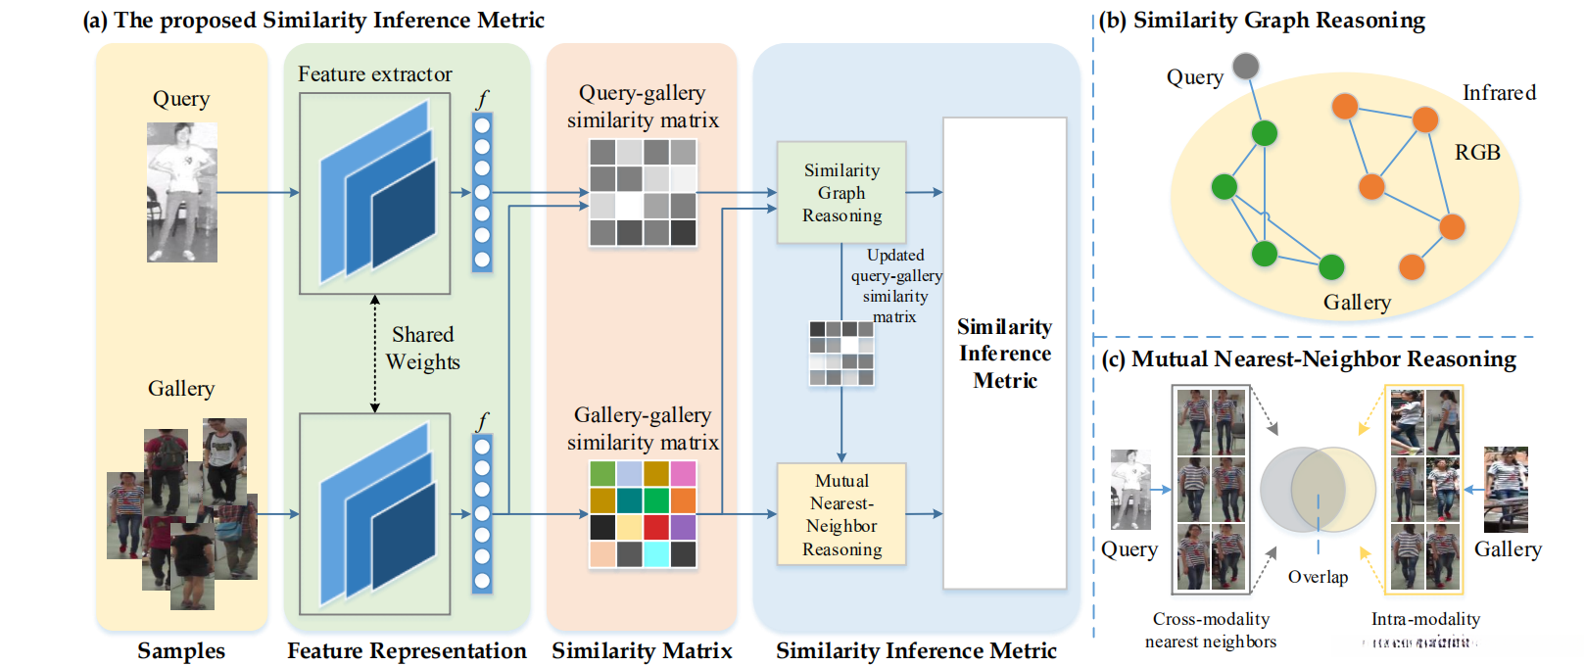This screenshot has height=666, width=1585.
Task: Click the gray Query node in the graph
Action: (1245, 67)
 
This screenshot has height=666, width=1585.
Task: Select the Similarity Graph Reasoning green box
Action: (841, 193)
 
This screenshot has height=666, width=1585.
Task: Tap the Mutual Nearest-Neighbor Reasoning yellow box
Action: (841, 514)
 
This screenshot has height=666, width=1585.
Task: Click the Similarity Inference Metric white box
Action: (1004, 353)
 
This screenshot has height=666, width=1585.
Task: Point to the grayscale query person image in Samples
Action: (182, 192)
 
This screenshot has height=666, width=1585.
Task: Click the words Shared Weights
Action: (422, 348)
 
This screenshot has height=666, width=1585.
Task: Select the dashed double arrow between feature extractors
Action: (374, 354)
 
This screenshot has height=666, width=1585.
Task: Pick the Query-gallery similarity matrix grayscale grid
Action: (643, 192)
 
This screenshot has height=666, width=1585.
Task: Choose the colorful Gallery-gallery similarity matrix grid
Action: (643, 514)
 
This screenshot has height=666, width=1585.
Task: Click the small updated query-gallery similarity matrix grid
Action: (841, 353)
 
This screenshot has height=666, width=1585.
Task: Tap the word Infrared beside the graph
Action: (1499, 93)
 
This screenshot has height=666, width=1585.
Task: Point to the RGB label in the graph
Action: (1476, 153)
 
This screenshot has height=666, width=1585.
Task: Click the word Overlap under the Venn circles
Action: (1318, 577)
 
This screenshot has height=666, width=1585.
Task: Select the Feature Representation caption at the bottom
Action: (407, 650)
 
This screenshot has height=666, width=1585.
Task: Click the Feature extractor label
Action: (375, 74)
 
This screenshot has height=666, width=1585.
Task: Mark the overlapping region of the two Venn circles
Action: (1318, 489)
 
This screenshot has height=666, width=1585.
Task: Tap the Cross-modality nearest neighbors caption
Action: (1211, 630)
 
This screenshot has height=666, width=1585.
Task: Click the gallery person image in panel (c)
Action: (1506, 489)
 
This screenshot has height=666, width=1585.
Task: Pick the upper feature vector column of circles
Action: (482, 193)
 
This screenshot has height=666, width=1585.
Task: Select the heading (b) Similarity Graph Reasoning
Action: (1262, 21)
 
